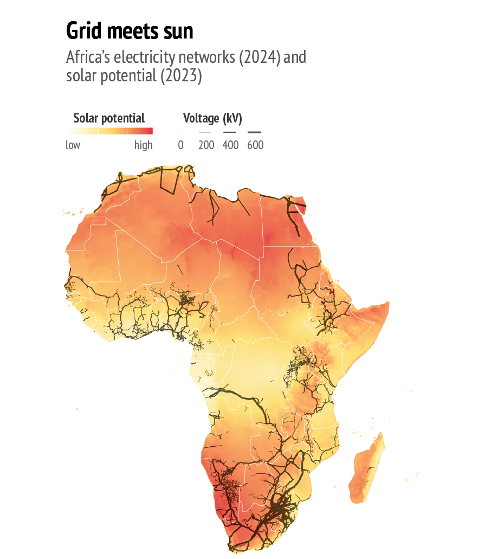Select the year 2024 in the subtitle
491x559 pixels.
(260, 57)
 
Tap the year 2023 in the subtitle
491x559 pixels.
(180, 76)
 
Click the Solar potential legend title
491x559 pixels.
(109, 118)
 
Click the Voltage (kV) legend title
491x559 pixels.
(212, 118)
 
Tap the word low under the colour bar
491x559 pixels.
(73, 145)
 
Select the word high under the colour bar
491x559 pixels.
(144, 145)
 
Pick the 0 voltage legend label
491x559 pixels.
(180, 145)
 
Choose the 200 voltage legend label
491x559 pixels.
(206, 145)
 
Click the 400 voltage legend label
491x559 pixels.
(230, 145)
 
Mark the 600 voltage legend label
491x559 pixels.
(255, 145)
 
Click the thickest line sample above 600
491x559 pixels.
(254, 132)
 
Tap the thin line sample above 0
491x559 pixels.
(180, 132)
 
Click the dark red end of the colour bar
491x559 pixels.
(150, 131)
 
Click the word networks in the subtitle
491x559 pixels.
(208, 57)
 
